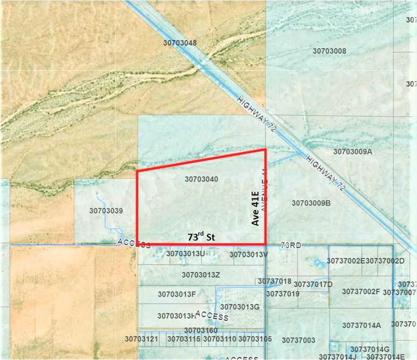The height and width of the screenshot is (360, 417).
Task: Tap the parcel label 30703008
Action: tap(329, 51)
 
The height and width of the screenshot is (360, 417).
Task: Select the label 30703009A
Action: tap(352, 152)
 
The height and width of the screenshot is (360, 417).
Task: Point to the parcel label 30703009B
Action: tap(311, 203)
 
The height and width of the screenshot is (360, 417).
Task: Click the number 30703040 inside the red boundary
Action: tap(201, 179)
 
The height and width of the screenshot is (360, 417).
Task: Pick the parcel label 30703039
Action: tap(106, 211)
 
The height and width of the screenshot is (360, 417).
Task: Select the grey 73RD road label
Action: tap(290, 245)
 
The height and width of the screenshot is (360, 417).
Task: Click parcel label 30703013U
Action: tap(185, 254)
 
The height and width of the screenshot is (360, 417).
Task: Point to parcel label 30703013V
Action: tap(248, 254)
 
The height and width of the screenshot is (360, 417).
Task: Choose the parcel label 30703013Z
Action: tap(201, 275)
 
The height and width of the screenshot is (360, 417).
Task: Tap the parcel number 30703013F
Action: tap(177, 294)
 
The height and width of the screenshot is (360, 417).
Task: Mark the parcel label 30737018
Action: tap(275, 281)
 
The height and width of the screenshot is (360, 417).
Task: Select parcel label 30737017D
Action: tap(313, 284)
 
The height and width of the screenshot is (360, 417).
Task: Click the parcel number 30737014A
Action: tap(361, 325)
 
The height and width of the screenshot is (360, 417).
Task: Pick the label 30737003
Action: tap(298, 340)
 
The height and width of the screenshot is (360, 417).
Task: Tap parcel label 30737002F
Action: tap(361, 292)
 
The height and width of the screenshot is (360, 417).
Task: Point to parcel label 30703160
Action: tap(201, 330)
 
